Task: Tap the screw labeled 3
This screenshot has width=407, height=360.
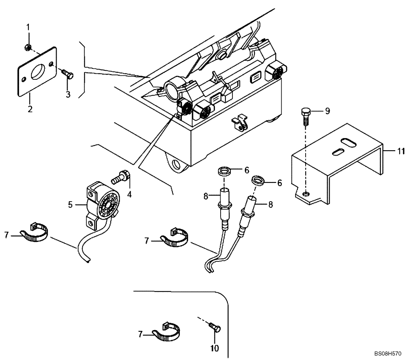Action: point(67,74)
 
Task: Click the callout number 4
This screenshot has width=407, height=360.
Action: point(129,194)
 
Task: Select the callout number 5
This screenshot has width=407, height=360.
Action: point(70,205)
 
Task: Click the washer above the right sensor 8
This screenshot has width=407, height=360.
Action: point(258,180)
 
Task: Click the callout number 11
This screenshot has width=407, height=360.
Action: point(401,151)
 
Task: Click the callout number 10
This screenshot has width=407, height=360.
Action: point(214,348)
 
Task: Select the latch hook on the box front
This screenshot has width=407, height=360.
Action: point(239,123)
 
